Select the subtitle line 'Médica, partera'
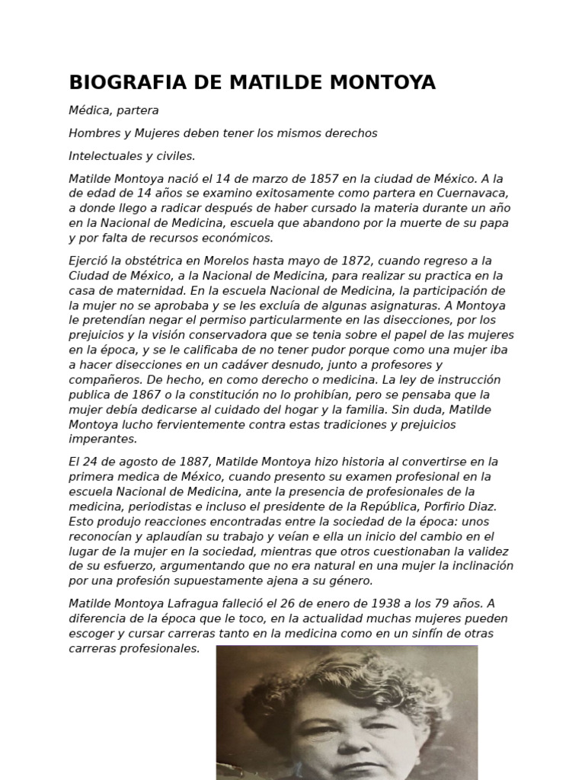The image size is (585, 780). point(113,110)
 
